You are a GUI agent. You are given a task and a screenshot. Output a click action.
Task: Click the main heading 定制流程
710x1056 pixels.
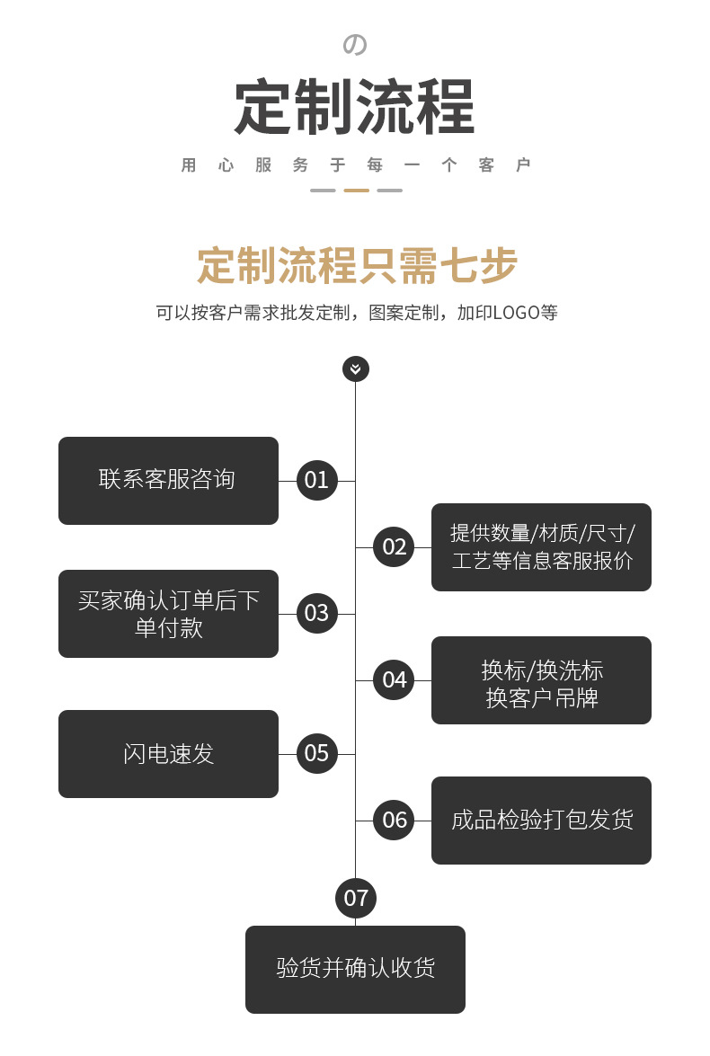tap(355, 109)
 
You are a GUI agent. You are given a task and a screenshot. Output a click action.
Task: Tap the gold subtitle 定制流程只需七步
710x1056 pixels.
tap(357, 266)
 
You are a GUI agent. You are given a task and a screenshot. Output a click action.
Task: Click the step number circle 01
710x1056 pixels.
tap(316, 480)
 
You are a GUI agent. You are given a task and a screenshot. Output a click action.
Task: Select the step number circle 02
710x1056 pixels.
tap(395, 546)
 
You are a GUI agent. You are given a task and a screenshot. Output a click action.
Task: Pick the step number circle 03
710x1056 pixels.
tap(316, 613)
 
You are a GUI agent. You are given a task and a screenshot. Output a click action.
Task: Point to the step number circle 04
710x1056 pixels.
tap(395, 679)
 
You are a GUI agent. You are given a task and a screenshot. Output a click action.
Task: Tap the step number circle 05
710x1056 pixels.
tap(316, 753)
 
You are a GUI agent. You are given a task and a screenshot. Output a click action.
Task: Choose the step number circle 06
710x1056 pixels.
tap(395, 820)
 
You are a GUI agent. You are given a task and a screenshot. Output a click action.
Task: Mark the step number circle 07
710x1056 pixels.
tap(356, 897)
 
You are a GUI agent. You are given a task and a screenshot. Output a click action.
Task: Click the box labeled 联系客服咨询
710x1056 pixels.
tap(168, 480)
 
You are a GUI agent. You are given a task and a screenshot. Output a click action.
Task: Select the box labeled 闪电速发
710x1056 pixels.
tap(168, 753)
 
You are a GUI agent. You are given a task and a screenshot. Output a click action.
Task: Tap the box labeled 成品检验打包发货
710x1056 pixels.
tap(541, 820)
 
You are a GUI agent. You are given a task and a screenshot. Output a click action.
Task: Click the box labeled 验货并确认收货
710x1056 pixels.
tap(355, 969)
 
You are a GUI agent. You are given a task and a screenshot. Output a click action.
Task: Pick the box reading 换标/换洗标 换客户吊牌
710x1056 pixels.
tap(541, 680)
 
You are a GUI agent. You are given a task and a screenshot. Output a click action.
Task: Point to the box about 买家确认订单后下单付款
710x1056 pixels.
tap(168, 613)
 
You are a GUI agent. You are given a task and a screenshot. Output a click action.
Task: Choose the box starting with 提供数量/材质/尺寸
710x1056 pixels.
tap(541, 546)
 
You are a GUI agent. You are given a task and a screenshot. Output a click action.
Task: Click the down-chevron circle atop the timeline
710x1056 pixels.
tap(356, 368)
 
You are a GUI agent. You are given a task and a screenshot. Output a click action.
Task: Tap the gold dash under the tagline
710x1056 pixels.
tap(357, 191)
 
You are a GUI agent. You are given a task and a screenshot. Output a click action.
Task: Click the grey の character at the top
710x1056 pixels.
tap(356, 45)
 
